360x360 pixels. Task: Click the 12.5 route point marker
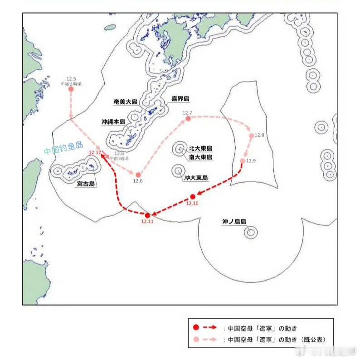[x=71, y=89]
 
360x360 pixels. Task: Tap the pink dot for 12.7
[x=188, y=119]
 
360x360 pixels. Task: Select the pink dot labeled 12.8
[x=252, y=136]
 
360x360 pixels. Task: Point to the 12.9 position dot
[x=243, y=161]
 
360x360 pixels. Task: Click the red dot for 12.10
[x=193, y=196]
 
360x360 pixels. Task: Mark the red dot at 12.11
[x=147, y=215]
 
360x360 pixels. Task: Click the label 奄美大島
[x=126, y=102]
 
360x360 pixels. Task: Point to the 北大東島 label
[x=201, y=148]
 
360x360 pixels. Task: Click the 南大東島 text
[x=201, y=157]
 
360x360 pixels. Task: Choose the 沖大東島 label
[x=196, y=178]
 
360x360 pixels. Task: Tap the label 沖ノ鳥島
[x=234, y=222]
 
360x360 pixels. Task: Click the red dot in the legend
[x=195, y=327]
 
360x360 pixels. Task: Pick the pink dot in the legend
[x=195, y=339]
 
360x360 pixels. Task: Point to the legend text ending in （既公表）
[x=276, y=339]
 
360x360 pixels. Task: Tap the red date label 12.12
[x=95, y=153]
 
